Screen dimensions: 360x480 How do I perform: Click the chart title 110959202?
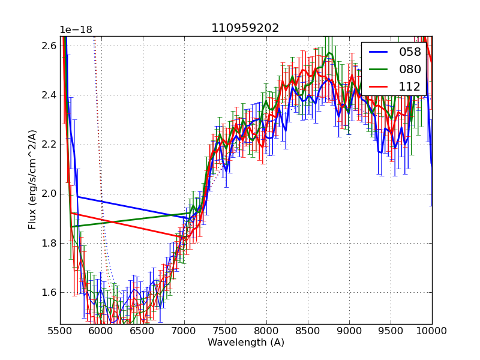245,28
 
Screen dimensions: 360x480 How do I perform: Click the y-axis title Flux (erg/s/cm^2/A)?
32,179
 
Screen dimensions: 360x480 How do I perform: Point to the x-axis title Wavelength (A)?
246,343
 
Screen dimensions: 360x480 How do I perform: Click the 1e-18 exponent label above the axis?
76,30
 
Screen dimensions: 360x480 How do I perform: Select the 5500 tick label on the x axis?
60,331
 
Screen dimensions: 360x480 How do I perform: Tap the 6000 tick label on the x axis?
101,331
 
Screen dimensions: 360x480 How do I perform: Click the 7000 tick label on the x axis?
184,331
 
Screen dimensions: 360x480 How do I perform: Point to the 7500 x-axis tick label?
226,331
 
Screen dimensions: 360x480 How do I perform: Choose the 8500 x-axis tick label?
308,331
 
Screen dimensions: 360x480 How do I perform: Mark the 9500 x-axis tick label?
391,331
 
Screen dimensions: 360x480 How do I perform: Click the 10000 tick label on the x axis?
432,331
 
